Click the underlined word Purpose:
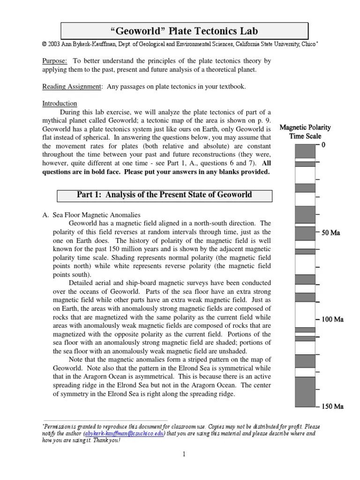click(x=54, y=61)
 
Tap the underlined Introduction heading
click(x=60, y=104)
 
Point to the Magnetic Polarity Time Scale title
click(x=305, y=131)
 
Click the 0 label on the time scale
click(x=323, y=145)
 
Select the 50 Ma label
click(x=330, y=232)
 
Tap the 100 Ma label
click(x=332, y=319)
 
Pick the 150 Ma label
click(x=332, y=406)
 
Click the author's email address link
click(x=124, y=434)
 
